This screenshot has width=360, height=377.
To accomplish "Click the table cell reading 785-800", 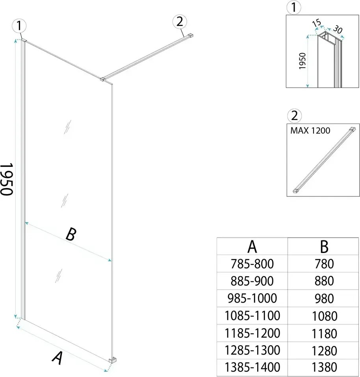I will (253, 263).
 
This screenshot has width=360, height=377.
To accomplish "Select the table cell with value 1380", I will (324, 367).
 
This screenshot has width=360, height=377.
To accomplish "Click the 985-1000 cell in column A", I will (253, 298).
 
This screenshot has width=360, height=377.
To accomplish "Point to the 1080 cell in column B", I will (324, 315).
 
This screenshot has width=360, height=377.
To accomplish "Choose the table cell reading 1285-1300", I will (253, 350).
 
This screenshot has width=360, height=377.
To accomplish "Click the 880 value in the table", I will (324, 281).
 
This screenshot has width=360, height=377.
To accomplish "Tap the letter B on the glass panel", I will (70, 235).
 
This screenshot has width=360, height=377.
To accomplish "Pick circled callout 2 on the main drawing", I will (180, 22).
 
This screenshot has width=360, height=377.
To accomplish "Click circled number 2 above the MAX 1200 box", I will (294, 116).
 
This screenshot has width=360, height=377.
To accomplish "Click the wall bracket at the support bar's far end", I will (190, 36).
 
